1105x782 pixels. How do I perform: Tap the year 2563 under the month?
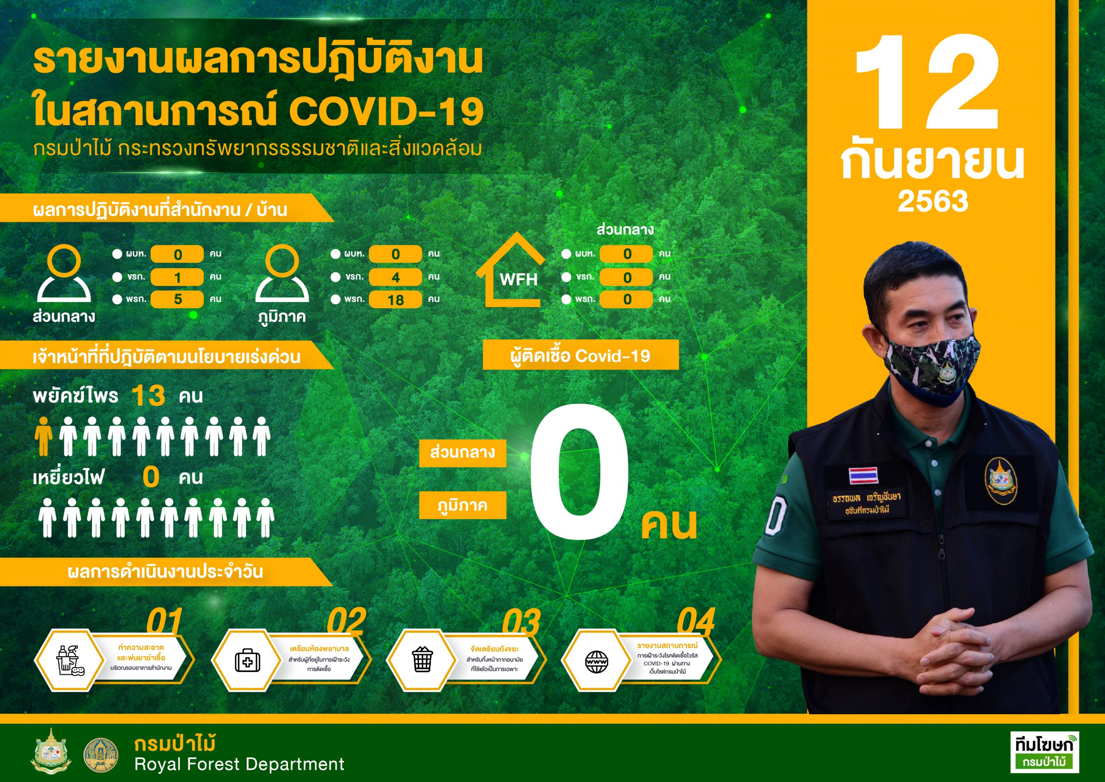tap(933, 201)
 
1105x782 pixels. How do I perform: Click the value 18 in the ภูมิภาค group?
tap(396, 300)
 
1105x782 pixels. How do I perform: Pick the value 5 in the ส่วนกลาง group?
tap(177, 299)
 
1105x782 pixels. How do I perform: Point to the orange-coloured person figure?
tap(43, 436)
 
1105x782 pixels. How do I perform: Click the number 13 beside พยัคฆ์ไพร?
tap(148, 396)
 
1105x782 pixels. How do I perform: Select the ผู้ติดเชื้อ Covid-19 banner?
tap(581, 355)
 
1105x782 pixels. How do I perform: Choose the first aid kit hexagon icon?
tap(247, 660)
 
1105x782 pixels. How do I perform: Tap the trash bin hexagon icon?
tap(423, 660)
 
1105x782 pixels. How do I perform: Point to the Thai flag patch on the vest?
tap(863, 475)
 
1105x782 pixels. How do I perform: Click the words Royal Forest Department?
tap(239, 764)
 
